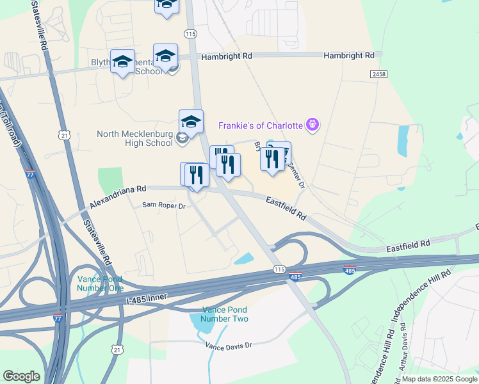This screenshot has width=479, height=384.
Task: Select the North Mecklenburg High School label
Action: tap(135, 138)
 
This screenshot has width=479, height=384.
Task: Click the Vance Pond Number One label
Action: tap(100, 283)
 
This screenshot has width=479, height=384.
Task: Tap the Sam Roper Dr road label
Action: tap(163, 206)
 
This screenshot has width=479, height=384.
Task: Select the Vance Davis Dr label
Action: tap(229, 346)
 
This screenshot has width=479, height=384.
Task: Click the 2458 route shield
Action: tap(378, 75)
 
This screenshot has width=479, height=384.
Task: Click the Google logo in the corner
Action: tap(21, 376)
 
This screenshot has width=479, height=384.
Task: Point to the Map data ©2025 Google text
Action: tap(439, 379)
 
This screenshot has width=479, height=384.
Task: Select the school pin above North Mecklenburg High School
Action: tap(191, 121)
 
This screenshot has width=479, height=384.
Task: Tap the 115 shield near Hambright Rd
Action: tap(190, 33)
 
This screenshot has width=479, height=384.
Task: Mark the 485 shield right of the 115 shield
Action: tap(350, 271)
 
